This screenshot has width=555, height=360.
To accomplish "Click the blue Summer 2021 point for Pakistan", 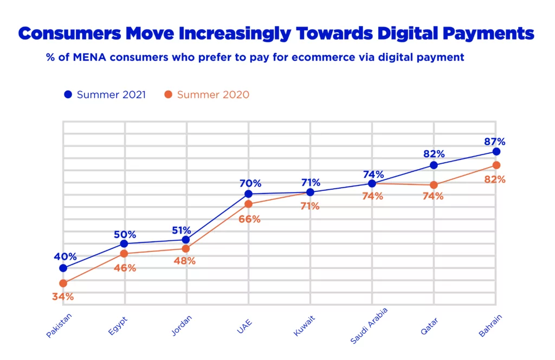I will (x=63, y=268).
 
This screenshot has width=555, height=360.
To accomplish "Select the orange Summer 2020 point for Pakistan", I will (x=63, y=283).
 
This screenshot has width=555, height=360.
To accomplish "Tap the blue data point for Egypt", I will (x=124, y=243).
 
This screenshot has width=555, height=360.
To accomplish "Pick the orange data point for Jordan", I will (x=186, y=249).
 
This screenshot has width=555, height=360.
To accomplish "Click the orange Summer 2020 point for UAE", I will (x=248, y=204).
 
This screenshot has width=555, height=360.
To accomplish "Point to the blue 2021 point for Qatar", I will (x=434, y=165).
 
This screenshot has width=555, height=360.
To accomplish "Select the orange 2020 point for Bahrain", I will (x=495, y=165).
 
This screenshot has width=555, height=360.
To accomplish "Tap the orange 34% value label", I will (x=63, y=297).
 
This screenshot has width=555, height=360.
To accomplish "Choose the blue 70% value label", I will (x=250, y=183).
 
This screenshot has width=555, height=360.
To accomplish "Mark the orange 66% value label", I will (x=250, y=219).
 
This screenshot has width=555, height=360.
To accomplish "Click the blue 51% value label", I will (x=186, y=229).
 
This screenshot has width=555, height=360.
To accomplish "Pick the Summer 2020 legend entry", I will (x=206, y=94).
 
